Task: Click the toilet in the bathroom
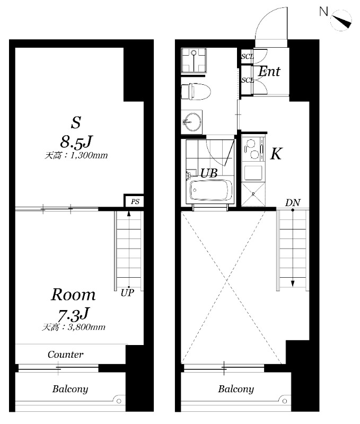pos(196,91)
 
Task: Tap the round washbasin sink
pos(192,121)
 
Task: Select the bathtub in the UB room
pos(211,190)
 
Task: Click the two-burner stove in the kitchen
pos(251,149)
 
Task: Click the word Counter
pos(65,355)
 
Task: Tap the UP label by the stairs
pos(127,293)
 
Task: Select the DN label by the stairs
pos(293,202)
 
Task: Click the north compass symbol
pos(340,21)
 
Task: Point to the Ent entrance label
pos(269,72)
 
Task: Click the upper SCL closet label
pos(248,57)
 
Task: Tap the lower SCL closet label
pos(248,81)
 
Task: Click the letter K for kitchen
pos(276,154)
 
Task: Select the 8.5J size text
pos(76,142)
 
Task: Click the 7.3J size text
pos(74,314)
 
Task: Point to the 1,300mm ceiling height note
pos(76,155)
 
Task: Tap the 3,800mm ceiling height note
pos(74,327)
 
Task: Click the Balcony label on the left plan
pos(71,389)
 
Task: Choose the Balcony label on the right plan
pos(236,389)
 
